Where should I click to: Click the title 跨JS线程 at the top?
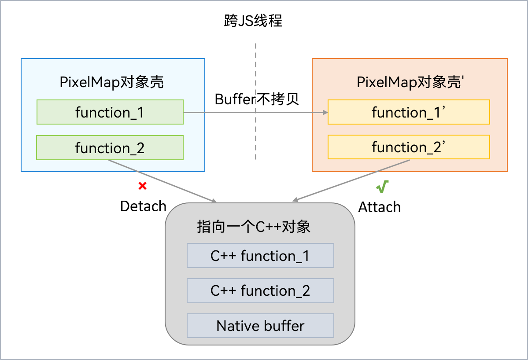(x=253, y=21)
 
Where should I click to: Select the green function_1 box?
(x=110, y=112)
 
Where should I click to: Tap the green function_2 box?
(x=110, y=147)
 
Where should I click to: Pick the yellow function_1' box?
(x=409, y=112)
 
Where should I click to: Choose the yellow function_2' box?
(x=409, y=147)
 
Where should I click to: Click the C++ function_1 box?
(x=260, y=256)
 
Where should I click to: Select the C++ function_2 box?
(x=260, y=290)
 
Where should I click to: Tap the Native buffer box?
(x=260, y=326)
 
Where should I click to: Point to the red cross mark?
(x=142, y=186)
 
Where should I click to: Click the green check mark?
(x=382, y=187)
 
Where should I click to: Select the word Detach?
(x=143, y=206)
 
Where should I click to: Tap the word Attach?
(x=380, y=207)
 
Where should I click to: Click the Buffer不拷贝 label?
(x=257, y=99)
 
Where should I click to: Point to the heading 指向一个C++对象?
(x=254, y=227)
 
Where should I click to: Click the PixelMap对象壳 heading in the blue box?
(x=112, y=82)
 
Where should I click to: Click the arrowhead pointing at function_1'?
(x=325, y=113)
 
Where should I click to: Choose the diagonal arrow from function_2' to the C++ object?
(x=352, y=180)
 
